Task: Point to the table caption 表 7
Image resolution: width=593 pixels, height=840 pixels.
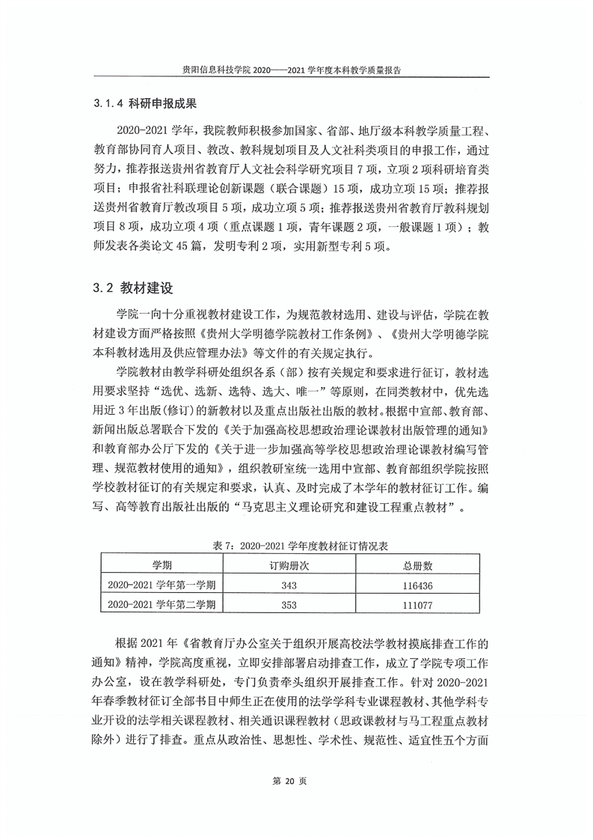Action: tap(297, 547)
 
